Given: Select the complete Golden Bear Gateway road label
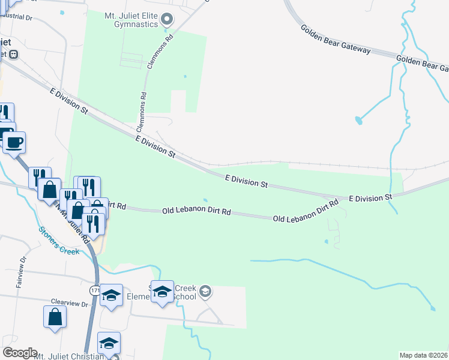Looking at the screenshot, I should point(336,40).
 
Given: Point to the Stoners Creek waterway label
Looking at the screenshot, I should point(59,240).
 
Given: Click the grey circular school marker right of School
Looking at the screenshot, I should point(205,292).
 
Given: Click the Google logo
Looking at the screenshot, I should point(20,353).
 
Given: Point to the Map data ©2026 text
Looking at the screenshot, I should point(424,355).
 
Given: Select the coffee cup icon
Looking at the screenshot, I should point(14,143).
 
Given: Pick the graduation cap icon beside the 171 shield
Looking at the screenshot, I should point(111,295).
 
